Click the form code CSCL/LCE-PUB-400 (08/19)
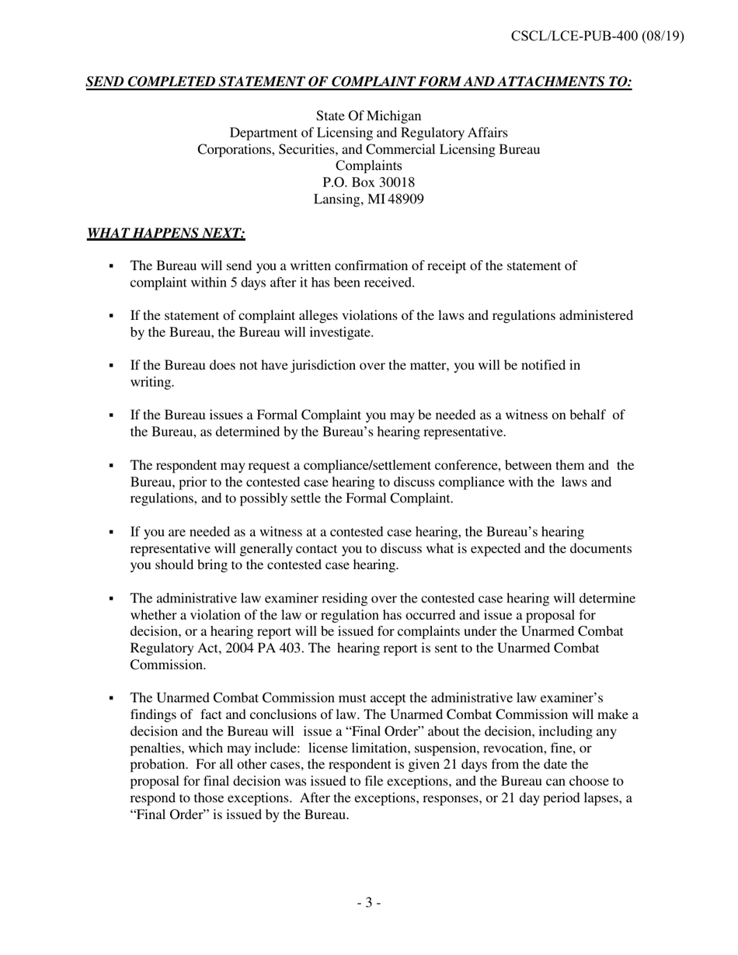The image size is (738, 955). pos(597,36)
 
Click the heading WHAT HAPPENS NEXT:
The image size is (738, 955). pos(166,233)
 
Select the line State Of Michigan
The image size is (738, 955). pos(368,116)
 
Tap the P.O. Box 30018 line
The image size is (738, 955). pos(368,182)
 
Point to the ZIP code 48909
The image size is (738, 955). pos(406,200)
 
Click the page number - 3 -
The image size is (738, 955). pos(368,902)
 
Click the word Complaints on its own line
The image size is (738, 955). pos(368,166)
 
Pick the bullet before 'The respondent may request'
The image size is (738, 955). pos(112,466)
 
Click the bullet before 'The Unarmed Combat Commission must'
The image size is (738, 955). pos(112,698)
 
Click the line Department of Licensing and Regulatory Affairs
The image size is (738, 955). pos(368,133)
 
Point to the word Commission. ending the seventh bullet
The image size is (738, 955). pos(168,665)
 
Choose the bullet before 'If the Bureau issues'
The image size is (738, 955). pos(112,415)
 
